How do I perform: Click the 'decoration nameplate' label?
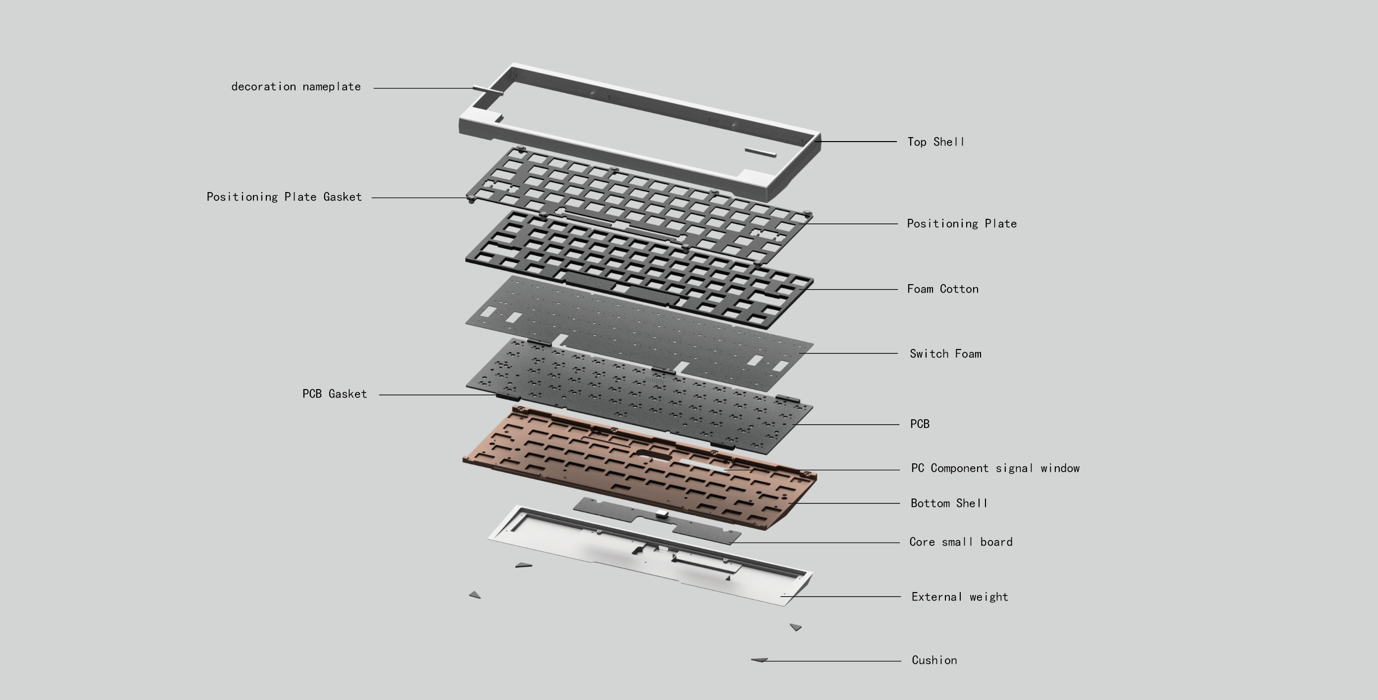click(296, 87)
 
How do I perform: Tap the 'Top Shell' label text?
click(935, 142)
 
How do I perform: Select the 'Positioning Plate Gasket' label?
click(284, 197)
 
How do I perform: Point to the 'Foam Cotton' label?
click(942, 289)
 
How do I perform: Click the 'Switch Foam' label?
click(945, 354)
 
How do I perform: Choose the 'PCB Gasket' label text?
click(334, 394)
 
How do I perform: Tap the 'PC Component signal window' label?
click(995, 468)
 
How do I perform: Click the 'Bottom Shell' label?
click(948, 503)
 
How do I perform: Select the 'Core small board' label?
click(961, 542)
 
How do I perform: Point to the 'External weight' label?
click(960, 597)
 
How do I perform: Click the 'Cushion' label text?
click(934, 660)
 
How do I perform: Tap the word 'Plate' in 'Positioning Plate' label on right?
click(1000, 224)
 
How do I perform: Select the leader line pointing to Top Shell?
click(856, 142)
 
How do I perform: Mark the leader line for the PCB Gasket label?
click(439, 395)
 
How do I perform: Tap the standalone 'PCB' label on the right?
click(920, 424)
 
